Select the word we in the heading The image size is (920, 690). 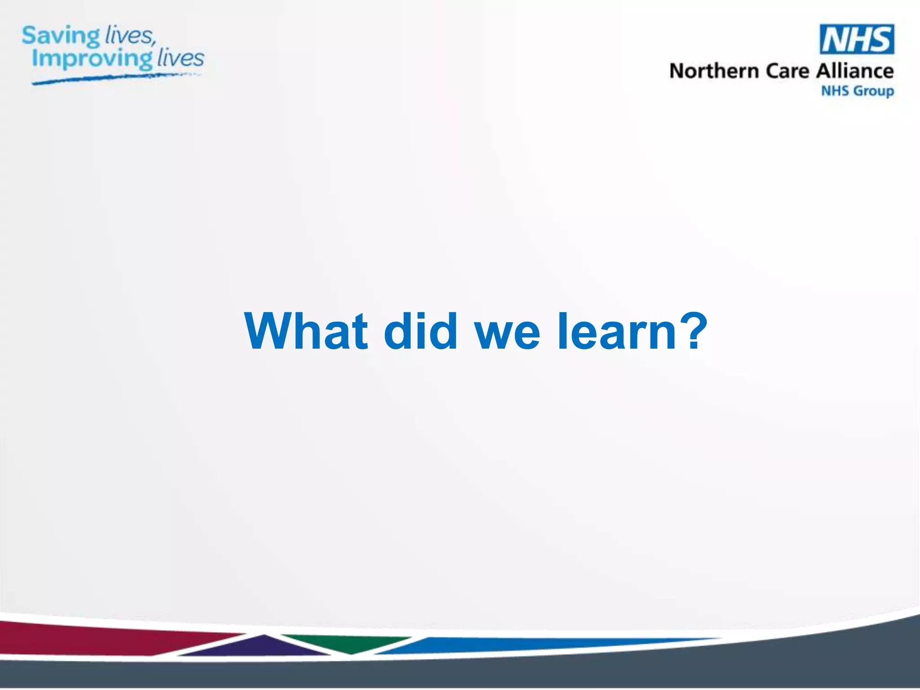pyautogui.click(x=508, y=335)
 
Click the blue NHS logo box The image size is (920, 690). pyautogui.click(x=857, y=39)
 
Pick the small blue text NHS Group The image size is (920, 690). pyautogui.click(x=857, y=91)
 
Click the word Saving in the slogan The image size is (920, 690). pyautogui.click(x=61, y=36)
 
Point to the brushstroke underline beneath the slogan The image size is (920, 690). pyautogui.click(x=112, y=78)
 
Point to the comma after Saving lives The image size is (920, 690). pyautogui.click(x=154, y=43)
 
